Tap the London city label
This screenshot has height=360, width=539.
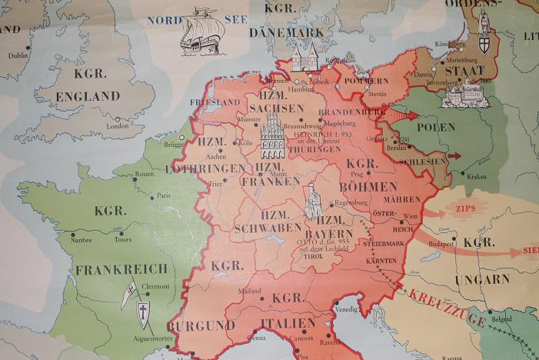tap(118, 126)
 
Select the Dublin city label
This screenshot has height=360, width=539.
tap(18, 55)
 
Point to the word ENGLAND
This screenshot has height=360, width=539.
tap(87, 96)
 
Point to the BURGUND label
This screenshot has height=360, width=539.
tap(201, 325)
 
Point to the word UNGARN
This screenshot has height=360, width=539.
tap(482, 278)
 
